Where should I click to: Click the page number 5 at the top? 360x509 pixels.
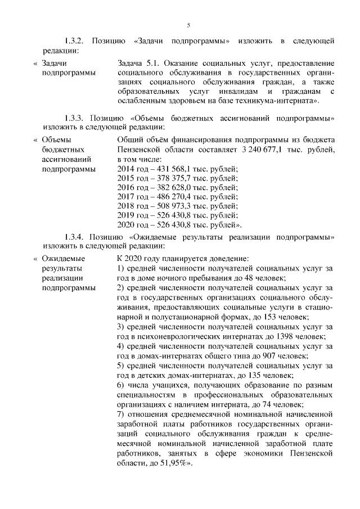pos(189,24)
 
